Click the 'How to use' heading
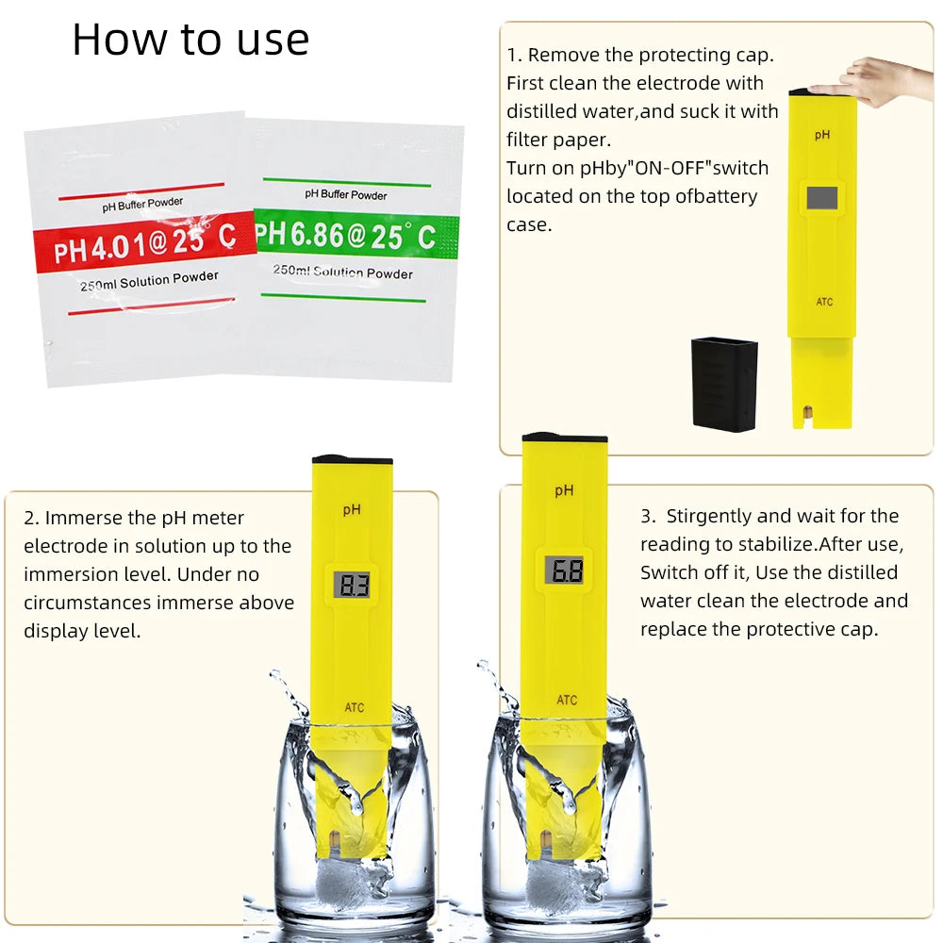click(190, 40)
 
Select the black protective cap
click(724, 383)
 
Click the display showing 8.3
click(352, 585)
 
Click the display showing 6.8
click(564, 570)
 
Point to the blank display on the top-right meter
click(821, 197)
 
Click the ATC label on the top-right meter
click(824, 303)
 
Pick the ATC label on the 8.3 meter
click(354, 708)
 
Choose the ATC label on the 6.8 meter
click(566, 700)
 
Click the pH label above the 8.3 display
click(352, 509)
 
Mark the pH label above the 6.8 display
click(564, 490)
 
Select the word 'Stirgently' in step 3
click(708, 517)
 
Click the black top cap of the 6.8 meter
click(564, 438)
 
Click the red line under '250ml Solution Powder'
click(152, 306)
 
